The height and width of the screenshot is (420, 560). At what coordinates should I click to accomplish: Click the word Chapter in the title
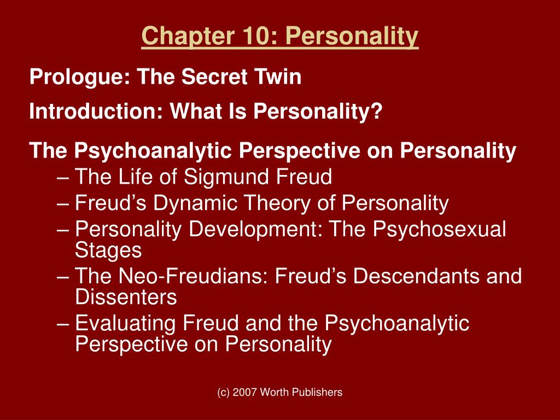point(175,37)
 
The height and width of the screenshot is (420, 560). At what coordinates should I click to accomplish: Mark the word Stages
point(108,250)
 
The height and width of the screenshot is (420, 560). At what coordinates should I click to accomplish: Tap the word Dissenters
point(126,297)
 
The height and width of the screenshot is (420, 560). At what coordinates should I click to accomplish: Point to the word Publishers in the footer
point(317,392)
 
